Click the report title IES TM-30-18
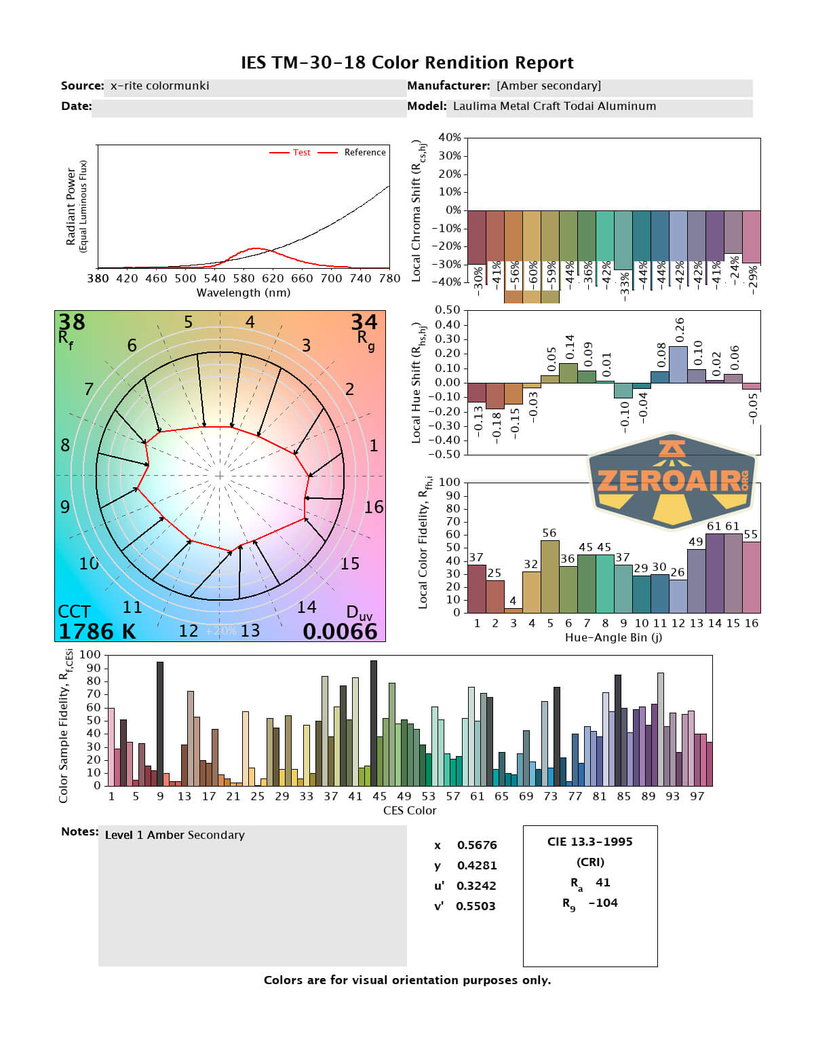coord(407,62)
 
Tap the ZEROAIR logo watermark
coord(672,481)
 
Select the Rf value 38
coord(72,322)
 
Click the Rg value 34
coord(364,322)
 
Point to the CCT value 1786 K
coord(97,631)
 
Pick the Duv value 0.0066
coord(340,631)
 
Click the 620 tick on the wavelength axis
coord(273,278)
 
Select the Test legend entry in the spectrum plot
coord(301,153)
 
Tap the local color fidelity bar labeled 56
coord(550,576)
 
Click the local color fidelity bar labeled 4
coord(513,609)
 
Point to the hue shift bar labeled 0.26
coord(678,364)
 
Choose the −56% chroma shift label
coord(514,275)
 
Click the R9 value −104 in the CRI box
coord(603,903)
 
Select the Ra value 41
coord(603,882)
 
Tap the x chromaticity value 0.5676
coord(477,845)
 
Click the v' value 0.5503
coord(476,906)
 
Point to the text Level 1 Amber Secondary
coord(175,835)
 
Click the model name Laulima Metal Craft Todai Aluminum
coord(554,106)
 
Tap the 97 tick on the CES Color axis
coord(697,796)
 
